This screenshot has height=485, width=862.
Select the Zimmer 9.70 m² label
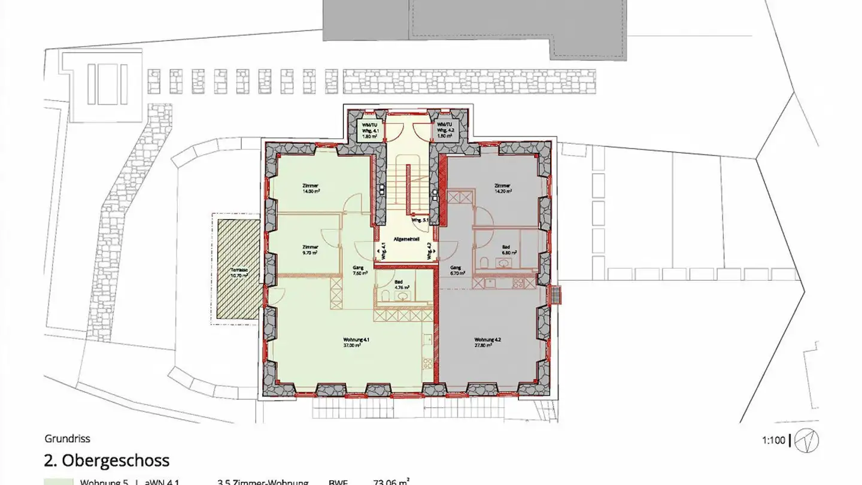point(310,250)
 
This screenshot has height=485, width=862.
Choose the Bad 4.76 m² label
point(399,284)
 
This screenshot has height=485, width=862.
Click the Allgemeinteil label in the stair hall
point(406,240)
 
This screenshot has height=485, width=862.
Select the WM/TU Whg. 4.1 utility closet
point(368,129)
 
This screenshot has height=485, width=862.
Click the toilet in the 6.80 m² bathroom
point(484,262)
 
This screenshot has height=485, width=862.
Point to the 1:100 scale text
point(773,441)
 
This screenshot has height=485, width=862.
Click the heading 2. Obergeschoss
point(107,460)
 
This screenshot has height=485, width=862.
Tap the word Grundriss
point(67,439)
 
